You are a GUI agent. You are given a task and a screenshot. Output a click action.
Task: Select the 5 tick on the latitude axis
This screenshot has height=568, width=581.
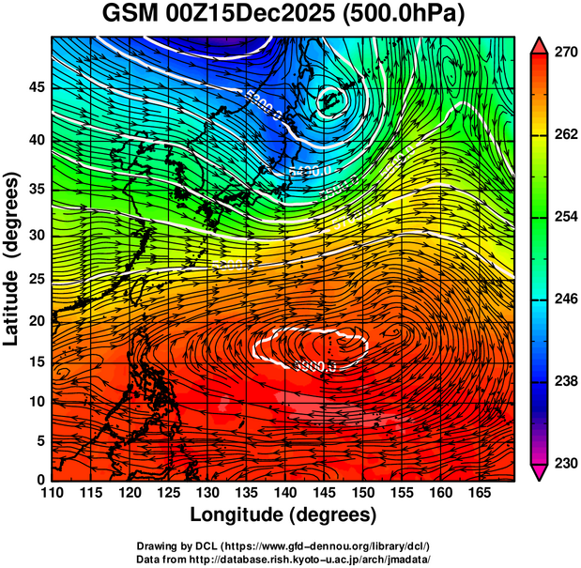[39, 439]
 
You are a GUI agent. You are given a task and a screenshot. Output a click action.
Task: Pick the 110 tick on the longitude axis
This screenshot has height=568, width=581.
[52, 492]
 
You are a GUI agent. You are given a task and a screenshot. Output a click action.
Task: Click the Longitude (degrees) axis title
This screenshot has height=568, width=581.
[283, 514]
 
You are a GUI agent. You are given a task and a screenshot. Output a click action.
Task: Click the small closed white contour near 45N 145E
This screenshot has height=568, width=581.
[330, 98]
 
